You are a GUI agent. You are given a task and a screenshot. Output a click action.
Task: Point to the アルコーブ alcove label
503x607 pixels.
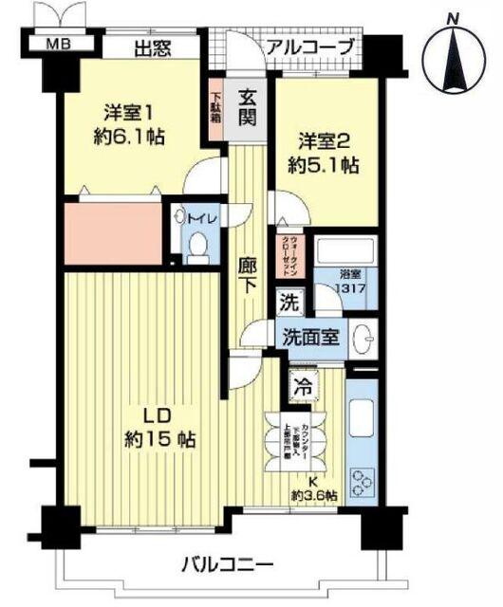pos(309,46)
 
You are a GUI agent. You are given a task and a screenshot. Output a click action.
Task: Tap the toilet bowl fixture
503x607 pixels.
pos(198,245)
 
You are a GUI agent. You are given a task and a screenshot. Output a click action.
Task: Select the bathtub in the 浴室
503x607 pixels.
pos(345,254)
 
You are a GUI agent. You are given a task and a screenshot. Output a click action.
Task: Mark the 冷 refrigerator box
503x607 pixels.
pos(304,387)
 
